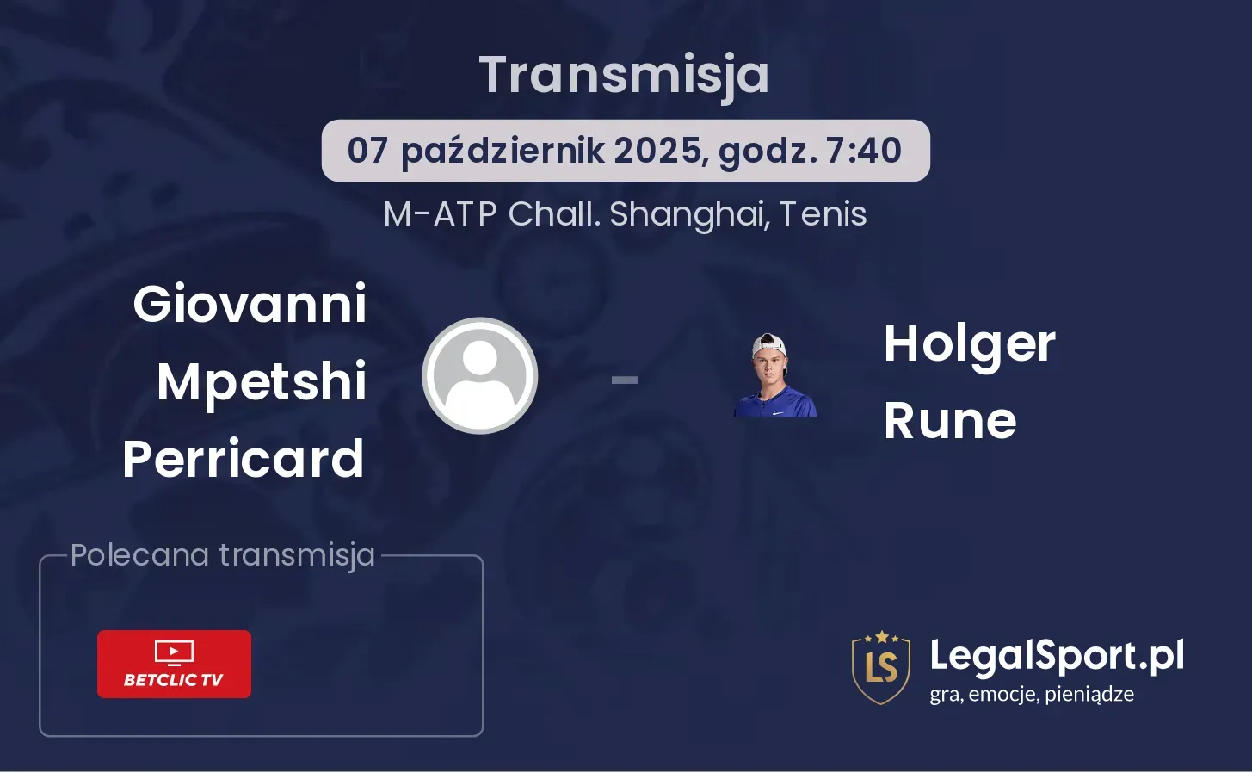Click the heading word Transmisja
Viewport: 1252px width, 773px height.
tap(624, 76)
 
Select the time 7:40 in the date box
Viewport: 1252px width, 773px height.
tap(864, 151)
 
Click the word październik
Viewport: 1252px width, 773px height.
tap(503, 152)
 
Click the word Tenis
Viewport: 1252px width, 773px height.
tap(823, 214)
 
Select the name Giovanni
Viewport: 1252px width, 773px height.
tap(250, 305)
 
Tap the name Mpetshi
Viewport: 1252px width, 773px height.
tap(262, 383)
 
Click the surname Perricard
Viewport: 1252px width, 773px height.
tap(244, 459)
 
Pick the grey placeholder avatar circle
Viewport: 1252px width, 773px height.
tap(479, 376)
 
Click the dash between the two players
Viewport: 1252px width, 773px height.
tap(625, 380)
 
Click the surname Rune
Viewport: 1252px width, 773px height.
tap(950, 421)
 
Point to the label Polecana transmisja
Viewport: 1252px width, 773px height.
tap(223, 555)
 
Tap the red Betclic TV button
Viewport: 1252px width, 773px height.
tap(174, 664)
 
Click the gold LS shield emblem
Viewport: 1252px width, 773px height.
tap(881, 667)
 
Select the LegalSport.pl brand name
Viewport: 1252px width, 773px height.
tap(1057, 657)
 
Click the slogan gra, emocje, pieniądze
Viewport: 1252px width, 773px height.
tap(1032, 695)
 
